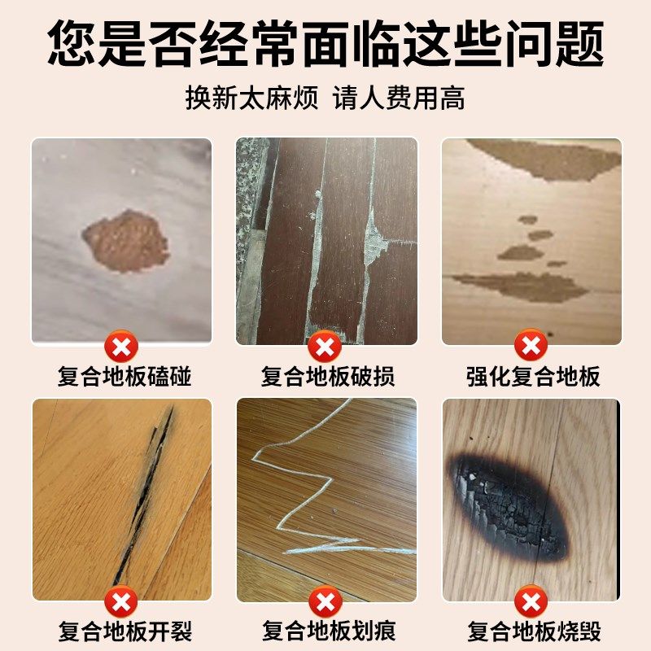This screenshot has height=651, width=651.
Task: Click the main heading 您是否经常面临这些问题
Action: tap(325, 42)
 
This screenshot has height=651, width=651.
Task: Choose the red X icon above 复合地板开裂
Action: tap(122, 603)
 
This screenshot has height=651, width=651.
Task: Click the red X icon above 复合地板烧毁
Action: tap(531, 603)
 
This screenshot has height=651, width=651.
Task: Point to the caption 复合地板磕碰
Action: tap(122, 377)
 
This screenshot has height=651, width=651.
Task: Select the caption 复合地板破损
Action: tap(327, 377)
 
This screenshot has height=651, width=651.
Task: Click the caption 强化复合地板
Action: tap(532, 377)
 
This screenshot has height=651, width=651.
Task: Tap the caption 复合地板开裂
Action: tap(122, 631)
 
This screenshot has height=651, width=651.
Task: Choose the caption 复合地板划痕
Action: tap(327, 631)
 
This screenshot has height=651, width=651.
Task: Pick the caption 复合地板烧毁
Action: tap(532, 631)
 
